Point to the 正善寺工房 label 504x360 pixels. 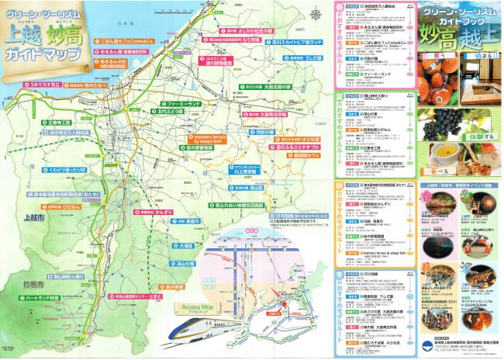pos(59,122)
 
